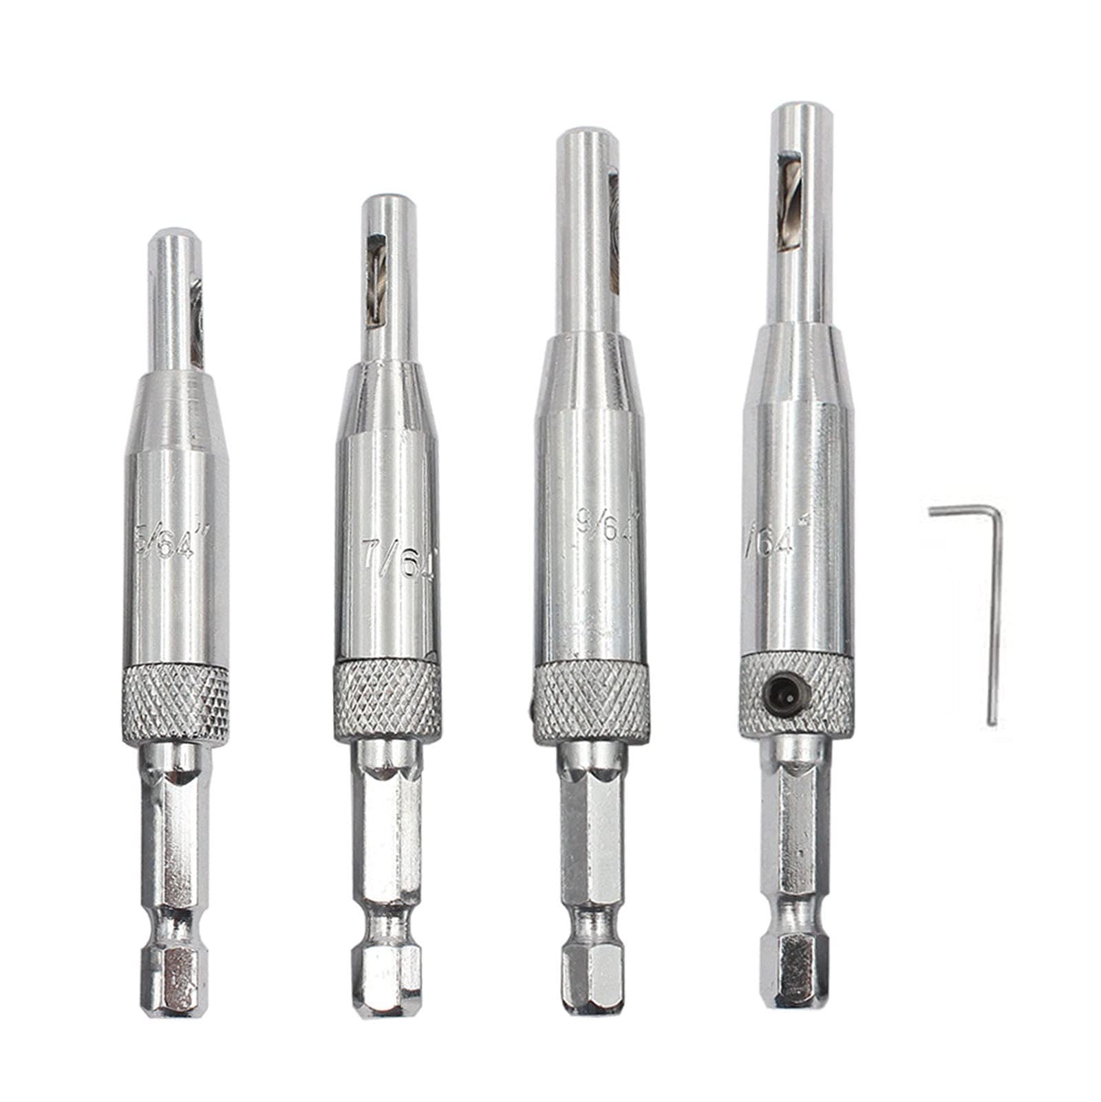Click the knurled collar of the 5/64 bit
pyautogui.click(x=175, y=703)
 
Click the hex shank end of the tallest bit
pyautogui.click(x=791, y=970)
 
